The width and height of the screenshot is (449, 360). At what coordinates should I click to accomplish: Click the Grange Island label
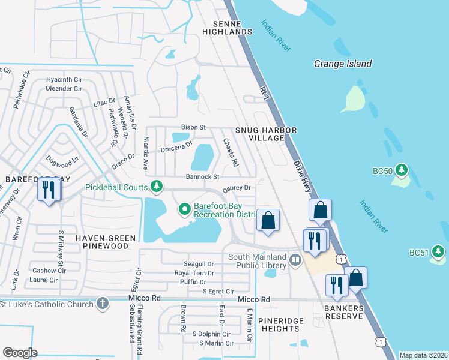tap(343, 64)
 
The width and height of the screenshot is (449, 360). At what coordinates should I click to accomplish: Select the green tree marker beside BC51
tap(438, 252)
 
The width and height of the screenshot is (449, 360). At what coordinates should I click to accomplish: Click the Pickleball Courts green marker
tap(157, 187)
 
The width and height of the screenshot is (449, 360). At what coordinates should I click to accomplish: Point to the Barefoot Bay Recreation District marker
tap(184, 209)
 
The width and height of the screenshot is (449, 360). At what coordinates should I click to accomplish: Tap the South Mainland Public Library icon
tap(295, 261)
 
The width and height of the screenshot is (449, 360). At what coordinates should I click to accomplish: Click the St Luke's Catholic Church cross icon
tap(103, 304)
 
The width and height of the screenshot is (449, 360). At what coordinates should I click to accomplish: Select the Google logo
tap(20, 353)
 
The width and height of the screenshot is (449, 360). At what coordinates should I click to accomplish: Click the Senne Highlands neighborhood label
tap(227, 27)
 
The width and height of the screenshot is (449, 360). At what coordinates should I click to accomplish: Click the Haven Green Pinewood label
tap(106, 242)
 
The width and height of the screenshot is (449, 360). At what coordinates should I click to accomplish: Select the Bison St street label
tap(194, 127)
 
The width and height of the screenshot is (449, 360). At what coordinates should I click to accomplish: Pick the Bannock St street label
tap(202, 177)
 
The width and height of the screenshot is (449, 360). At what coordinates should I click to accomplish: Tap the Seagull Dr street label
tap(199, 264)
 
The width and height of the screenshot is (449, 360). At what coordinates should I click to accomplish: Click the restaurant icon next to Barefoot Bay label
tap(47, 191)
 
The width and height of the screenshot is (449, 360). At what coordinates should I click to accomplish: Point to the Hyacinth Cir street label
tap(64, 79)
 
